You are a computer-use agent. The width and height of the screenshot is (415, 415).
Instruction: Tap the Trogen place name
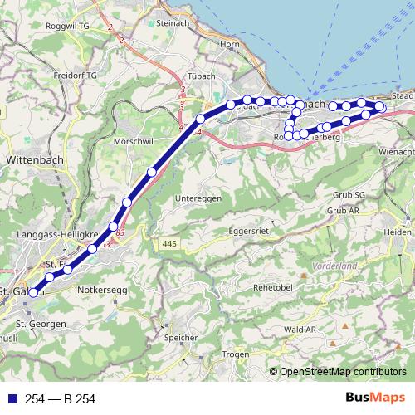[x=236, y=354]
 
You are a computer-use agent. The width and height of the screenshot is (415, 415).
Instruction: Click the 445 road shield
[x=169, y=243]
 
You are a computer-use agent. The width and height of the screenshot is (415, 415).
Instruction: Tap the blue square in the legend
[x=9, y=399]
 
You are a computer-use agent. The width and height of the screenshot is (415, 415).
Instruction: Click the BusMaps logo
[x=381, y=398]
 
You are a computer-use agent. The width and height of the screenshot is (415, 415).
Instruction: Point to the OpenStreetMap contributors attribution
[x=342, y=373]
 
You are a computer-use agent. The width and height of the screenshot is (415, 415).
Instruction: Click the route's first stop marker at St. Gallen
[x=34, y=292]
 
